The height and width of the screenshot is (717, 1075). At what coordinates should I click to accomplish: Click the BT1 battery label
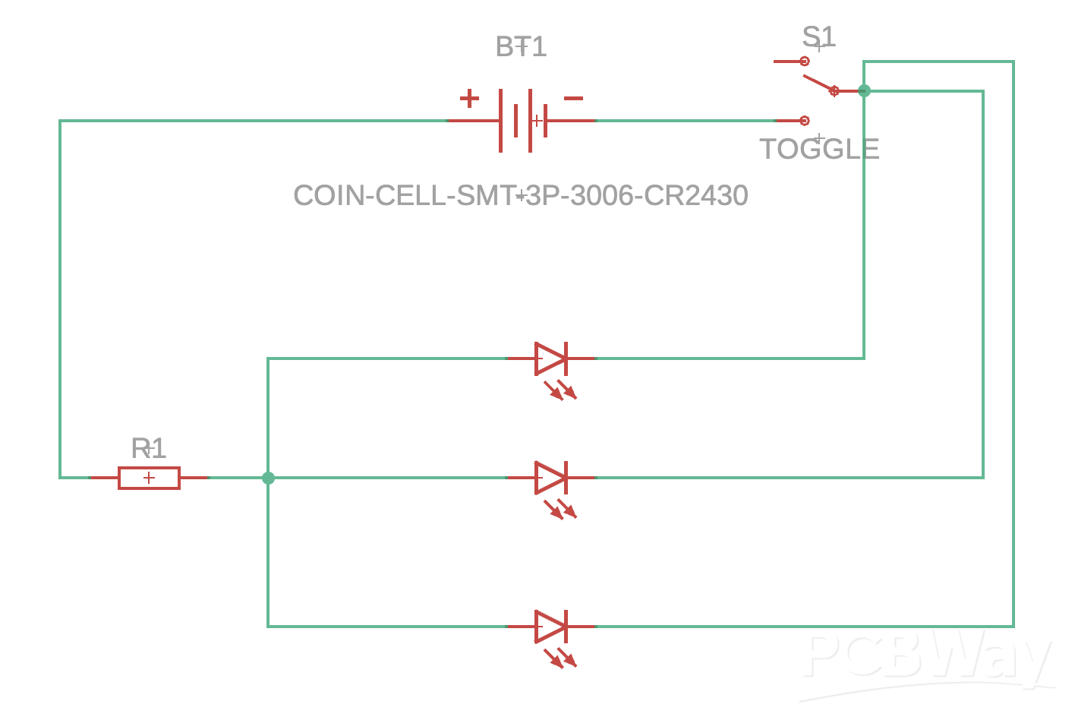point(521,47)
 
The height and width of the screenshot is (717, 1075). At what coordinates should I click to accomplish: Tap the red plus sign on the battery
point(469,98)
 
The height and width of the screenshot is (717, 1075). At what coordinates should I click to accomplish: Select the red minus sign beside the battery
point(573,98)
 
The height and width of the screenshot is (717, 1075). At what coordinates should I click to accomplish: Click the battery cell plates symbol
point(523,121)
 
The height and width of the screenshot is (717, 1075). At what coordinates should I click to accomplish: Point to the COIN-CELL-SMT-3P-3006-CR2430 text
point(521,196)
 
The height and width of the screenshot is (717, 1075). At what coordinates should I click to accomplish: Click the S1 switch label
point(818,36)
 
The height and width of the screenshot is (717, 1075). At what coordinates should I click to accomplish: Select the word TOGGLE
point(819,149)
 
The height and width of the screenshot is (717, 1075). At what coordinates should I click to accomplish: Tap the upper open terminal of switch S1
point(804,62)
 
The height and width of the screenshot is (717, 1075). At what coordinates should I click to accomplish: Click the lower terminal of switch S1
point(804,121)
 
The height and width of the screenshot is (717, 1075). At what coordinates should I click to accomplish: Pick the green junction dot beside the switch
point(864,91)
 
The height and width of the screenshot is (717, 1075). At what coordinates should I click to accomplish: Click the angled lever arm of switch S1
point(819,84)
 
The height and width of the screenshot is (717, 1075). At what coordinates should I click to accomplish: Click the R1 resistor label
point(148,449)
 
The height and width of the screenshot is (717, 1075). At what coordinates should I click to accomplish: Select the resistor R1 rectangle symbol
point(149,478)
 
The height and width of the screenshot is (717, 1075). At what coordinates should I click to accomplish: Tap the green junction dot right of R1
point(268,478)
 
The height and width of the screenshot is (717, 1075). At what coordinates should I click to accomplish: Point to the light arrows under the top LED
point(560,390)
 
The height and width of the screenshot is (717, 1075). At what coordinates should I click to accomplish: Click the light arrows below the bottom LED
point(560,658)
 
